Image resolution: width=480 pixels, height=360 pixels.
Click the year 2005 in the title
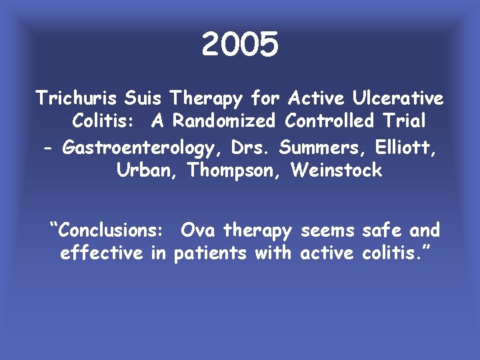239,45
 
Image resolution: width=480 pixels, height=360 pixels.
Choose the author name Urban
147,170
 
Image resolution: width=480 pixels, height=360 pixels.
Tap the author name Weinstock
337,170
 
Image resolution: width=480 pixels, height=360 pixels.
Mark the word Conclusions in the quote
111,231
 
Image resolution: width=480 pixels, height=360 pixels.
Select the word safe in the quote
382,231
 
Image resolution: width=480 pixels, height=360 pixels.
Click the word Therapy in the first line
206,99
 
